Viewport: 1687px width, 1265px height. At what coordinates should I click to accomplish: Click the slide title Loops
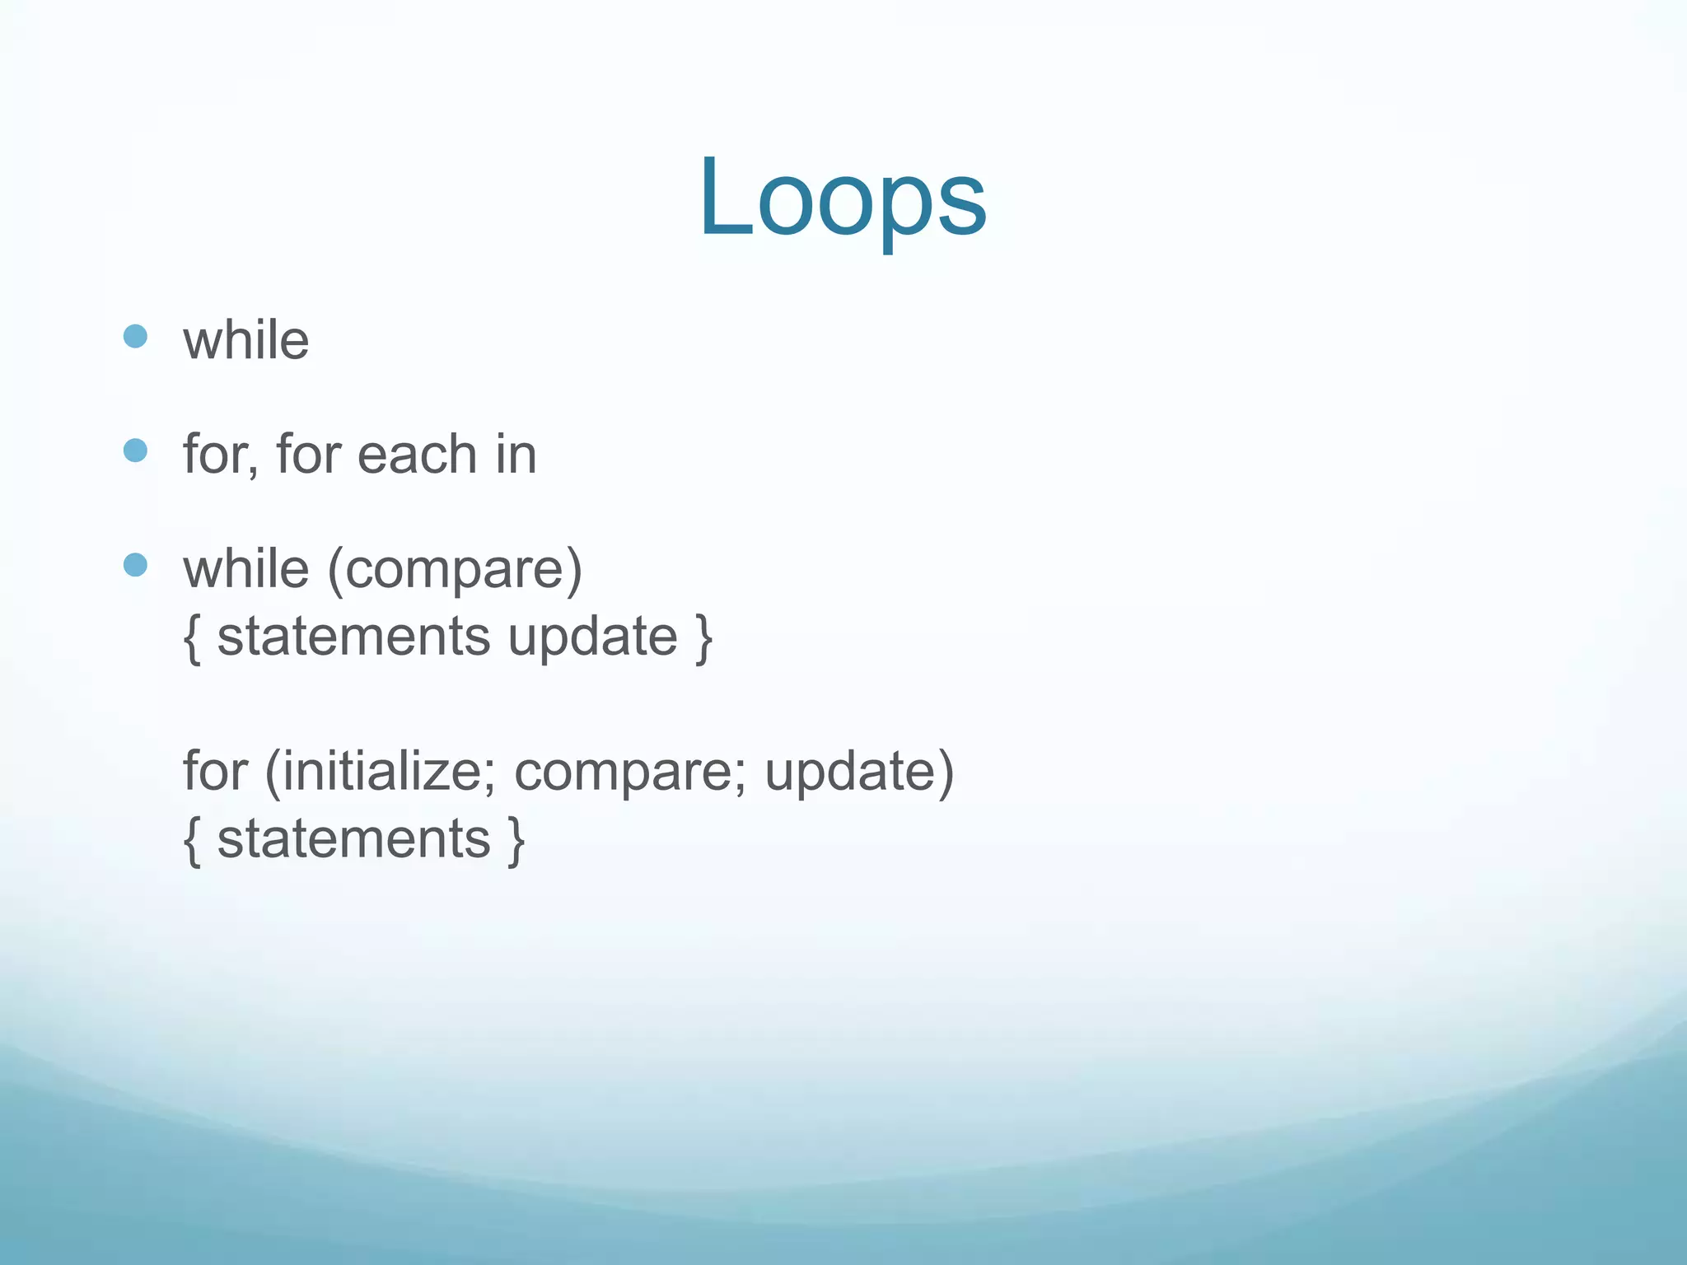click(x=843, y=198)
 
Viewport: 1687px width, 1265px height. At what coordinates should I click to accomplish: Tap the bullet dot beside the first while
click(x=135, y=336)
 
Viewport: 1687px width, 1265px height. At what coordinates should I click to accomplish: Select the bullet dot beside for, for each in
click(x=135, y=450)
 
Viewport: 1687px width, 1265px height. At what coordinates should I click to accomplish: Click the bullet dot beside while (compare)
click(x=135, y=565)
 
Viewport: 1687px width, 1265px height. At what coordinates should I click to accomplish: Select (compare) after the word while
click(x=455, y=570)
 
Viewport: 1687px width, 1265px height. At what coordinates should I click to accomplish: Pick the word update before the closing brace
click(x=592, y=637)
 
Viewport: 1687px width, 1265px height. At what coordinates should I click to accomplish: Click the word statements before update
click(x=353, y=637)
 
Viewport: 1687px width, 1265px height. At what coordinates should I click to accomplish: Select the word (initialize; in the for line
click(x=381, y=773)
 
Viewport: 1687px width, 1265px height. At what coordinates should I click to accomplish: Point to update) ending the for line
click(x=859, y=773)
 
